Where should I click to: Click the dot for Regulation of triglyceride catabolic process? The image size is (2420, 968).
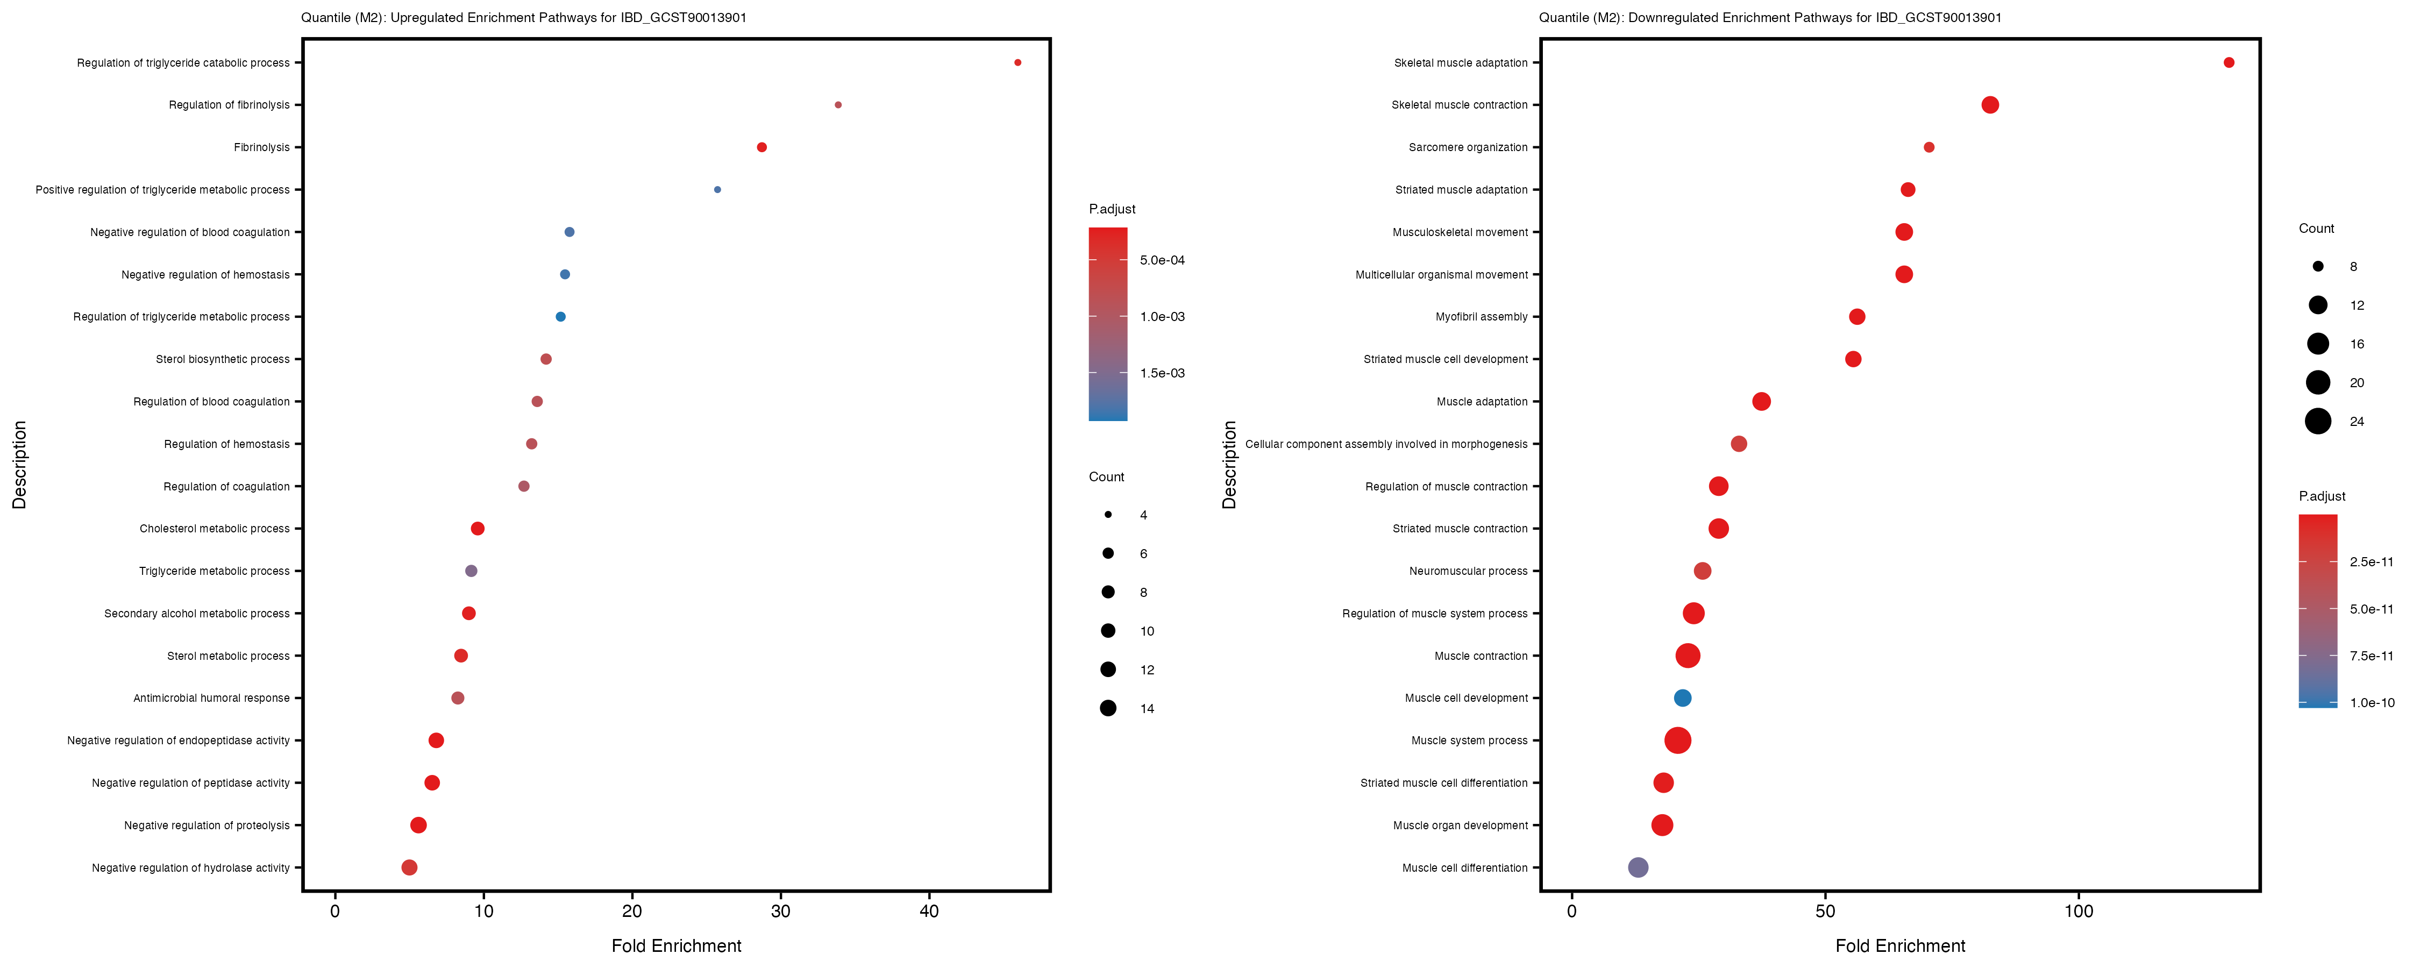click(x=1017, y=63)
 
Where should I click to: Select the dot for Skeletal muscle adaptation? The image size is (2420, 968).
click(x=2229, y=63)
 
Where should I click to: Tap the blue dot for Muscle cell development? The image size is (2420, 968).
click(x=1683, y=698)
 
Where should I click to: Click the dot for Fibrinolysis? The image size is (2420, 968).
click(x=762, y=147)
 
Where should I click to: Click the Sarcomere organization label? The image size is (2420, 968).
click(x=1468, y=147)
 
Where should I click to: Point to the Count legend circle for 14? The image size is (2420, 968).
click(x=1108, y=709)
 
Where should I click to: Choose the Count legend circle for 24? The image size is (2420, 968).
click(x=2318, y=421)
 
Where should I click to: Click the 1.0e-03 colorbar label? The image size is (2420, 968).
click(x=1162, y=317)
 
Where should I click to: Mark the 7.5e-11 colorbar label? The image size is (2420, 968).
click(x=2371, y=656)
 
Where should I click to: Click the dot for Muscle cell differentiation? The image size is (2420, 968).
click(x=1638, y=867)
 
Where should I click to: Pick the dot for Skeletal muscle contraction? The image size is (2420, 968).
click(x=1990, y=105)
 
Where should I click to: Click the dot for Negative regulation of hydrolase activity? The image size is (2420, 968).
click(x=410, y=867)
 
